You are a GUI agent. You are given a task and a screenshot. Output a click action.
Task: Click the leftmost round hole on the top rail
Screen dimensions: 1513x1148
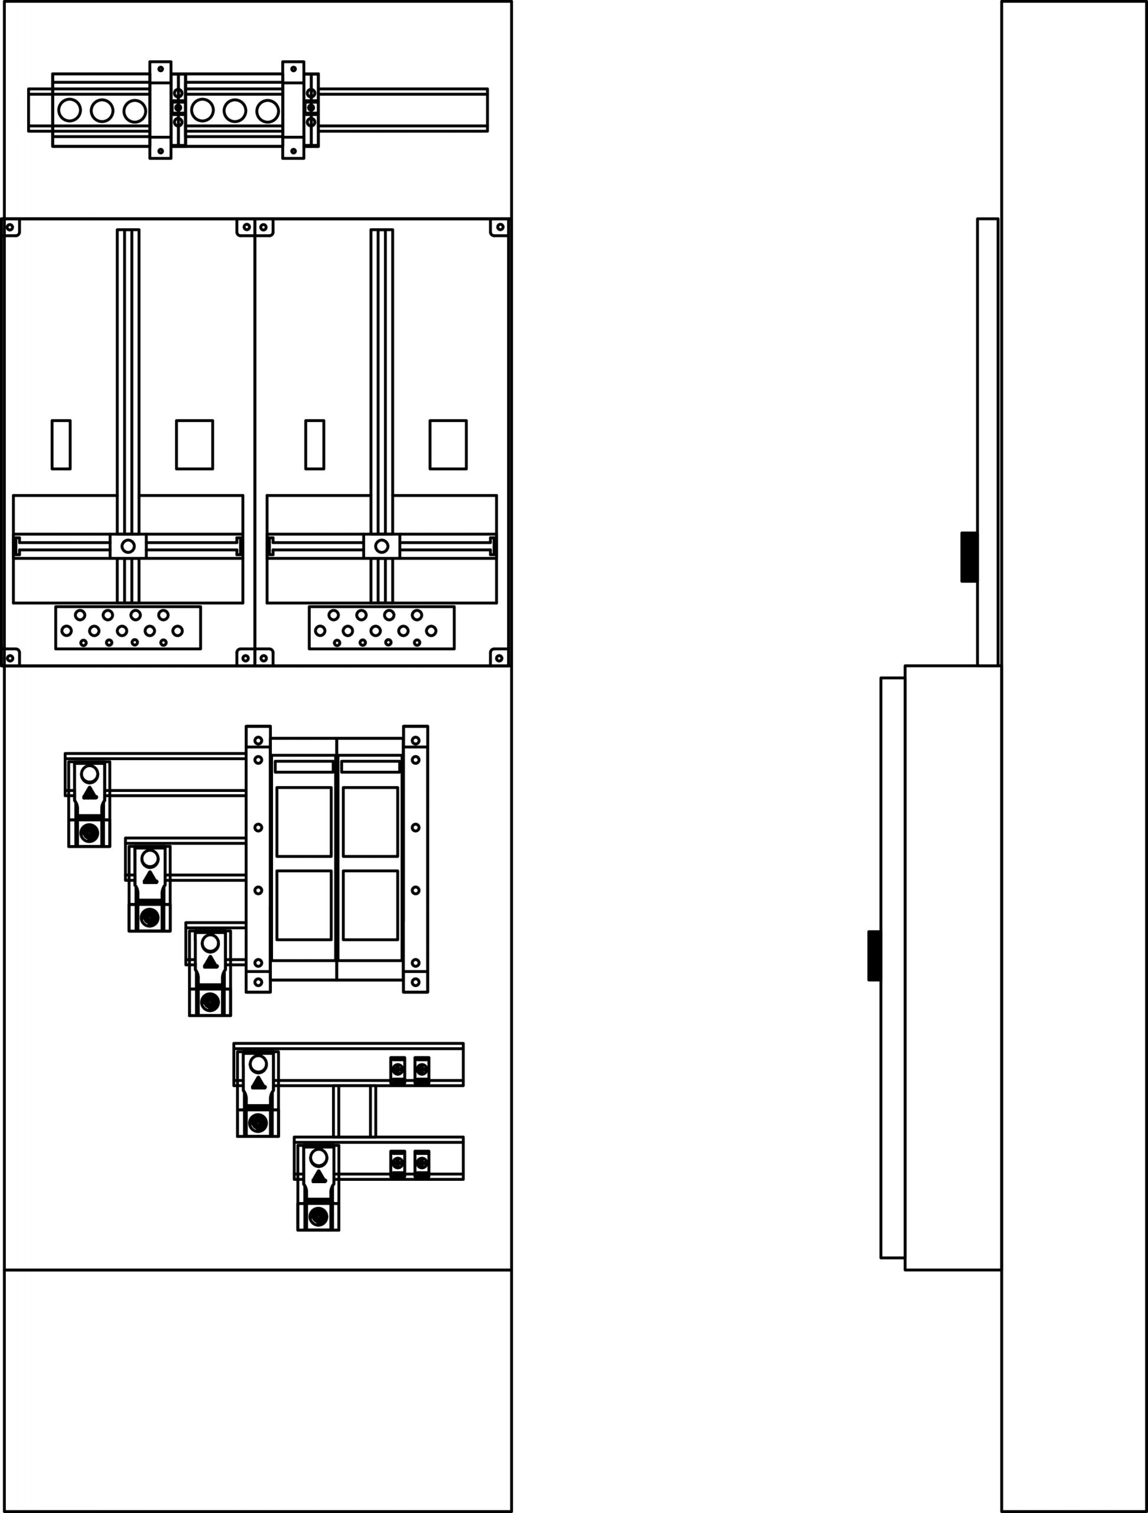(69, 109)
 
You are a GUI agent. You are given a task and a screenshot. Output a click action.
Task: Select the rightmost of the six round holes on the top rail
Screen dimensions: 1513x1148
(267, 110)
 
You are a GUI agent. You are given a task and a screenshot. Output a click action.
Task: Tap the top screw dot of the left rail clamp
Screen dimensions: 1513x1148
(160, 69)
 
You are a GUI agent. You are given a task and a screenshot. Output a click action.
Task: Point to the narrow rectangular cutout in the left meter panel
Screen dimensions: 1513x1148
(61, 444)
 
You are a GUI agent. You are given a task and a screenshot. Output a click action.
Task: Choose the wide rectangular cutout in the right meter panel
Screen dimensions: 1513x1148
(448, 444)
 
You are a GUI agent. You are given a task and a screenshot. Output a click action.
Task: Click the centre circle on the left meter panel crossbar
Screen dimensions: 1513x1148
(128, 546)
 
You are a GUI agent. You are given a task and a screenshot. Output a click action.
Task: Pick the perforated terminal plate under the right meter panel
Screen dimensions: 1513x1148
(382, 627)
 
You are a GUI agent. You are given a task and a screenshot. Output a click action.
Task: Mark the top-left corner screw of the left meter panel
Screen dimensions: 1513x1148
(9, 227)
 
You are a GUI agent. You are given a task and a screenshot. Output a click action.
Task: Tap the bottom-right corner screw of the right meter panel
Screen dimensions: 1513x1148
(499, 658)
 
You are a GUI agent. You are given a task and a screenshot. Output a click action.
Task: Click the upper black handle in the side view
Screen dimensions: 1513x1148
(968, 557)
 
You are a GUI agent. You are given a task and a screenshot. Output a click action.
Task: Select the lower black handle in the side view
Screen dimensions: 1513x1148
(874, 956)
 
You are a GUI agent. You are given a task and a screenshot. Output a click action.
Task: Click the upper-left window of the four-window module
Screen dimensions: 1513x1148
(304, 822)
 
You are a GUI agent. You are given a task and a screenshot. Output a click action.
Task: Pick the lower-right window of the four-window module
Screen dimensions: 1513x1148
(370, 905)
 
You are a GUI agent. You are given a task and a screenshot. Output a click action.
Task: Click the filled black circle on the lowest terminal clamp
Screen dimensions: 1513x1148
(318, 1216)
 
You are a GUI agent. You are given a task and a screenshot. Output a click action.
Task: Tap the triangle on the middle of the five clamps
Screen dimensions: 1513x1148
(210, 962)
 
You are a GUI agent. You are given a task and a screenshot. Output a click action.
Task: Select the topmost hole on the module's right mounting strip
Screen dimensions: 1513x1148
(415, 741)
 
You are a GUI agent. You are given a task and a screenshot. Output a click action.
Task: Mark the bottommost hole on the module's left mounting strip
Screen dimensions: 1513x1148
(258, 982)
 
